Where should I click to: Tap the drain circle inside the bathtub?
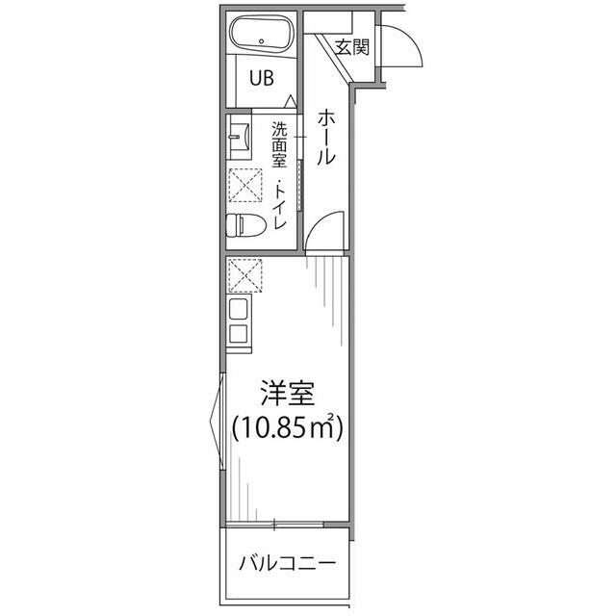(262, 40)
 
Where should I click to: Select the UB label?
(262, 78)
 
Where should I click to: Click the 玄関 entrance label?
(352, 47)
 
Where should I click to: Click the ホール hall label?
(326, 137)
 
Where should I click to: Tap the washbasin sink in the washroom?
(239, 137)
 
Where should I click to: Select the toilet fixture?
(246, 224)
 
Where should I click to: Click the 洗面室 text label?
(279, 144)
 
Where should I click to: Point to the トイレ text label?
(280, 205)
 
